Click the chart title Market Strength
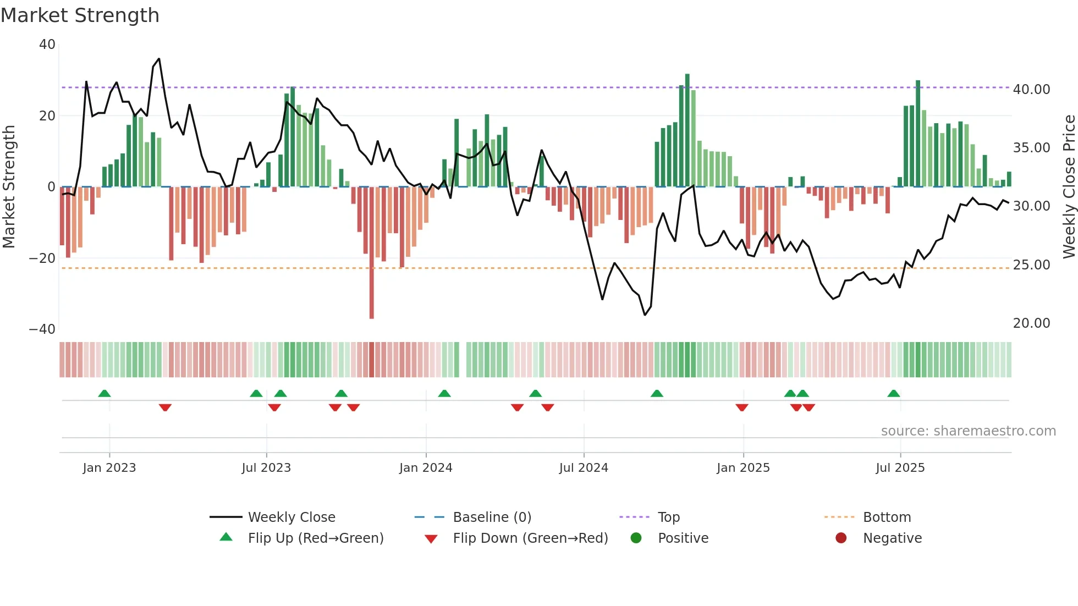[80, 15]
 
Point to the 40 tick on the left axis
[47, 45]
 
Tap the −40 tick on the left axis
[42, 329]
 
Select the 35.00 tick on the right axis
[1031, 148]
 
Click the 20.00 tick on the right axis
[1031, 323]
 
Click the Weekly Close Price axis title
[1069, 187]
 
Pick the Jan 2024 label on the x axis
[426, 468]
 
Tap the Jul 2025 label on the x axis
[900, 468]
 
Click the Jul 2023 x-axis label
[266, 468]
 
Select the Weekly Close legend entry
[291, 517]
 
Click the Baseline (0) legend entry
[492, 517]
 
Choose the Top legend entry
[668, 517]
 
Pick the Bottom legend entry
[887, 517]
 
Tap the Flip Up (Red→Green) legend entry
[315, 538]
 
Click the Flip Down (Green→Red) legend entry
[530, 538]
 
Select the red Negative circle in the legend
[841, 538]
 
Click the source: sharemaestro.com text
[968, 431]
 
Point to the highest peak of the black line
[159, 59]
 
